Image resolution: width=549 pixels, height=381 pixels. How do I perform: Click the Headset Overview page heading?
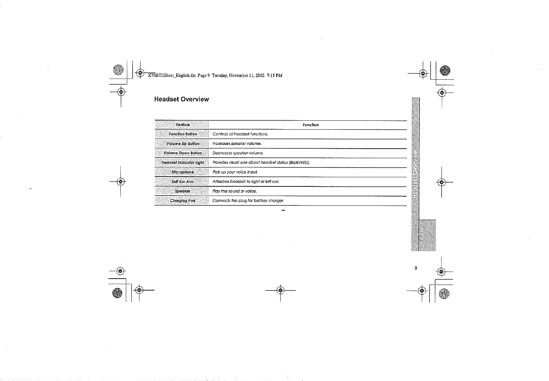tap(181, 99)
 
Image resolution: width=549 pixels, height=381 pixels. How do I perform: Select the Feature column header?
tap(183, 125)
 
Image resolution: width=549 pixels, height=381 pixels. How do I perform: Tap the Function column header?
tap(311, 125)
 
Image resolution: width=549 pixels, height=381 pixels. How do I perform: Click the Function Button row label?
tap(183, 134)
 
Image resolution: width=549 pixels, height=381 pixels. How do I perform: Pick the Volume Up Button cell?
tap(183, 144)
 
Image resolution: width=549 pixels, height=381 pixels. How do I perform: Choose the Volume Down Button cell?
tap(183, 153)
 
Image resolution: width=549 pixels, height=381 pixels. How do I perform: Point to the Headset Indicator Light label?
tap(183, 163)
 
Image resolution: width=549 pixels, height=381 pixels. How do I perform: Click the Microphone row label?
tap(183, 172)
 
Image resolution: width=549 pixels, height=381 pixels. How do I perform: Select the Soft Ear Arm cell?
tap(183, 182)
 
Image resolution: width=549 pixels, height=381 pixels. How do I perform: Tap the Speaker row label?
tap(183, 191)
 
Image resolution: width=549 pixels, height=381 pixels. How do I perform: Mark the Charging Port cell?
tap(183, 201)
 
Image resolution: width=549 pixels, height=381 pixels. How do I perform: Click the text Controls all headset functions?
tap(240, 134)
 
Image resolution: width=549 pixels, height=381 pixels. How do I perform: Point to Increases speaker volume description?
tap(237, 144)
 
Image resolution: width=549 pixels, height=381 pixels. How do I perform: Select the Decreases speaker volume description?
tap(238, 153)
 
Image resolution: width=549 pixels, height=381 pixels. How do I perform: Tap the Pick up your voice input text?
tap(235, 172)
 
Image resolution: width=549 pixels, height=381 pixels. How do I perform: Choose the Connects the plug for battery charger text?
tap(248, 201)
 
